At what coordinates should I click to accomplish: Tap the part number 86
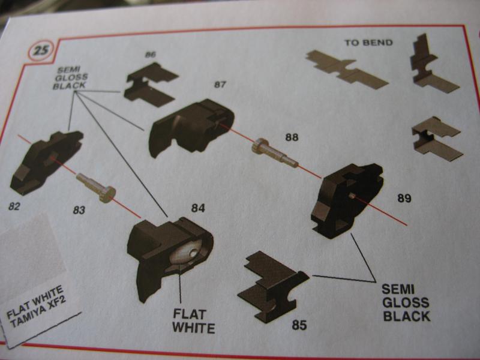point(150,55)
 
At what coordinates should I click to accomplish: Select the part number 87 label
point(220,85)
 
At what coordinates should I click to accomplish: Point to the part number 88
point(292,137)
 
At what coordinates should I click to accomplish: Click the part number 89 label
point(404,198)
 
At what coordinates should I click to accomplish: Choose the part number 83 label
point(79,211)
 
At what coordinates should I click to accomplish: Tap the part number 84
point(198,208)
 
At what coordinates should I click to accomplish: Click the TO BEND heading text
point(368,43)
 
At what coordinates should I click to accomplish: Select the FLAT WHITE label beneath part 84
point(193,320)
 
